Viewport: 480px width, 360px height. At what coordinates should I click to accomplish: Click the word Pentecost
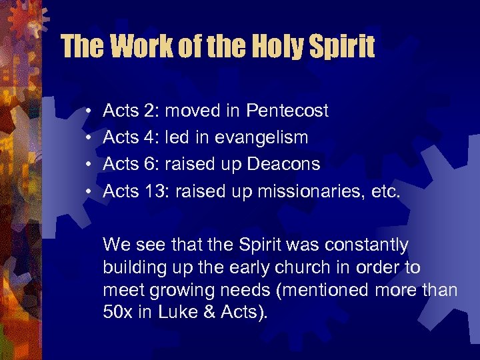pyautogui.click(x=287, y=111)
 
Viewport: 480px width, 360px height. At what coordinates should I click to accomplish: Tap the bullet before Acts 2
pyautogui.click(x=89, y=111)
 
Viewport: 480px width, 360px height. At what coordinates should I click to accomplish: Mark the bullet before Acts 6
pyautogui.click(x=89, y=164)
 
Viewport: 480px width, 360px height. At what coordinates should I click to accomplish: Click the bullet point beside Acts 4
pyautogui.click(x=89, y=137)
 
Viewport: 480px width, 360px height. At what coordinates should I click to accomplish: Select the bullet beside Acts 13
pyautogui.click(x=89, y=191)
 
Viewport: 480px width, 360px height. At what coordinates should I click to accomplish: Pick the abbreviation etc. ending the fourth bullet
pyautogui.click(x=385, y=191)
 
